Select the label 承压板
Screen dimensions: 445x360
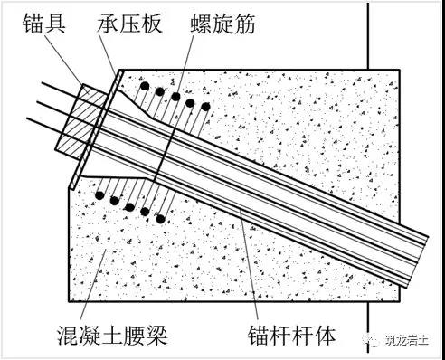(x=130, y=24)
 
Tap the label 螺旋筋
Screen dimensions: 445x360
(x=223, y=24)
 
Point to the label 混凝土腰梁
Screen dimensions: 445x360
(x=112, y=335)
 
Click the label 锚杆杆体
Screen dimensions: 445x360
(x=292, y=335)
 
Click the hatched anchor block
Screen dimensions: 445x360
(x=83, y=121)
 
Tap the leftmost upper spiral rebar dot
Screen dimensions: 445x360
(x=145, y=86)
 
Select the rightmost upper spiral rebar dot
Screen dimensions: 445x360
(x=205, y=107)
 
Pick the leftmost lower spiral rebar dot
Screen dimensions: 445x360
(x=99, y=195)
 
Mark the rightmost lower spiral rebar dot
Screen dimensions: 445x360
(x=161, y=219)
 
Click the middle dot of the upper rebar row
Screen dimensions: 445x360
(x=175, y=97)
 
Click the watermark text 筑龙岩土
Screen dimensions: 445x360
(x=407, y=340)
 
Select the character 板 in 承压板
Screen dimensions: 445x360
(x=152, y=24)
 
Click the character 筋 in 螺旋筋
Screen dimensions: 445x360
(x=245, y=24)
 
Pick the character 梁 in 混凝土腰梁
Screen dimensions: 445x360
(x=157, y=335)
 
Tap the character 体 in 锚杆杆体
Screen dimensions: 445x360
(x=326, y=335)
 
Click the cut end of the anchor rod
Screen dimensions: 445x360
(x=413, y=261)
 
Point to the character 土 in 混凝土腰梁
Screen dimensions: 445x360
(x=112, y=335)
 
